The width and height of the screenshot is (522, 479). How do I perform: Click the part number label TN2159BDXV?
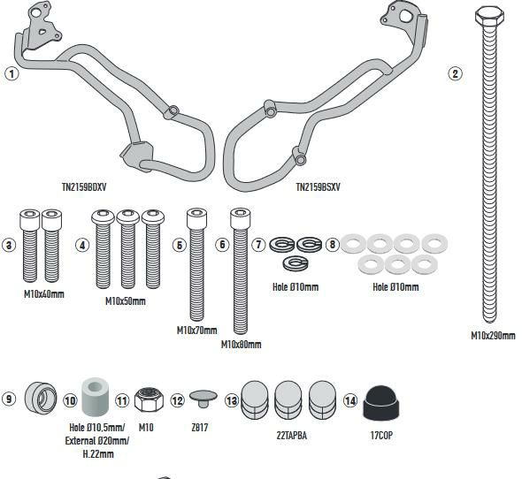click(84, 187)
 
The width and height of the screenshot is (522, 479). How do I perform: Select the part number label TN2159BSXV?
click(319, 187)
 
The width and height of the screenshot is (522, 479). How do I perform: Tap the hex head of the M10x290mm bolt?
click(489, 17)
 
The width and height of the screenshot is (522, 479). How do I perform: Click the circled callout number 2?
click(455, 73)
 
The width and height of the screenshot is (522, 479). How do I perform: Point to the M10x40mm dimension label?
click(44, 294)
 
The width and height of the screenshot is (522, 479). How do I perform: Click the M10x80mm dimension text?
click(241, 345)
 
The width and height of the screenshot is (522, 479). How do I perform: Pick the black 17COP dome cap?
click(380, 403)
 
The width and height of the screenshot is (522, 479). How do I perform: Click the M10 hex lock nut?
click(149, 399)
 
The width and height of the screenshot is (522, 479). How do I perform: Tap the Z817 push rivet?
click(203, 399)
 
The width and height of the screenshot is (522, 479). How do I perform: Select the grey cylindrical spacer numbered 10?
click(96, 397)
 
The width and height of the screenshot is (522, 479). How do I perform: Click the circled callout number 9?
click(9, 399)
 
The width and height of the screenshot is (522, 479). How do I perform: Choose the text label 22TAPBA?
click(292, 436)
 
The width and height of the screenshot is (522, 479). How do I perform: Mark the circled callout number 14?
click(350, 400)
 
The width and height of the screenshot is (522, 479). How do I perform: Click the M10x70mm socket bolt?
click(196, 264)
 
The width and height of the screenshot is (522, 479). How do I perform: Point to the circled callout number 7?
click(258, 245)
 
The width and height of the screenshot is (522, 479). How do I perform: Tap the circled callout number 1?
click(12, 73)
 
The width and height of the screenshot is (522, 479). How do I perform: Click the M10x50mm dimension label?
click(126, 301)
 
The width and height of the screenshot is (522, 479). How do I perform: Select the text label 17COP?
click(381, 436)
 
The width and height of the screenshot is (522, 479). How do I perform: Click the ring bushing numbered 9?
click(41, 399)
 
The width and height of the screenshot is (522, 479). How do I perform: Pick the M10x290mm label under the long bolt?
click(493, 336)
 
